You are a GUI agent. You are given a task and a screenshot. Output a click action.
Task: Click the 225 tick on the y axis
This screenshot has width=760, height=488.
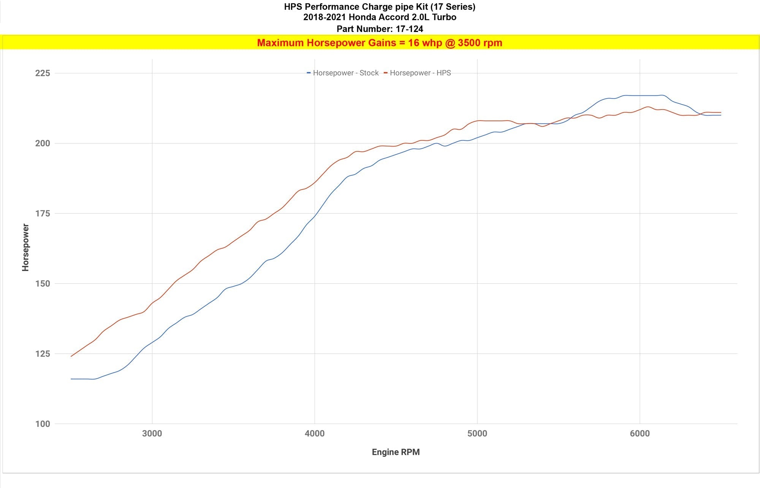[x=43, y=73]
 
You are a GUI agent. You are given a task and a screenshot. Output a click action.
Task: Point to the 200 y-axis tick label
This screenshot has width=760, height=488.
[x=43, y=143]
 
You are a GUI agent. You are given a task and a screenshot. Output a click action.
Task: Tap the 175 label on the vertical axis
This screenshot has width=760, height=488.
[x=43, y=213]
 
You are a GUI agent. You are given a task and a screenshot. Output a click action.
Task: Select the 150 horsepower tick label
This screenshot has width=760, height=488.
[x=43, y=284]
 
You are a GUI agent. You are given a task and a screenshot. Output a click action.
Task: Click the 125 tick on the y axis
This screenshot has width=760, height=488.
[x=43, y=354]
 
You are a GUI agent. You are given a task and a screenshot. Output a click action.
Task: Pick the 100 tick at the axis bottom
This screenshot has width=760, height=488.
[x=43, y=424]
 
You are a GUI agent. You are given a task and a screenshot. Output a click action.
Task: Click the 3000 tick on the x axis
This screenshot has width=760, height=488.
[x=152, y=434]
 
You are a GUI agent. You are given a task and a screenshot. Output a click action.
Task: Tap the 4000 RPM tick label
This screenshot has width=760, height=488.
[x=315, y=434]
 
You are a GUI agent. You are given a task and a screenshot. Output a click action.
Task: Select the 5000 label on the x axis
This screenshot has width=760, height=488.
[x=477, y=434]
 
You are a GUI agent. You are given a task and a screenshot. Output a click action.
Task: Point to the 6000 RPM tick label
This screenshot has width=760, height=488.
[x=640, y=434]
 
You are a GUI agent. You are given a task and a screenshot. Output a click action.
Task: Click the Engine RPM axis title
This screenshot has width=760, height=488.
[x=396, y=452]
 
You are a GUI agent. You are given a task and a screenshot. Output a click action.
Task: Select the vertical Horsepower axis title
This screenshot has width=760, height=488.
[x=25, y=247]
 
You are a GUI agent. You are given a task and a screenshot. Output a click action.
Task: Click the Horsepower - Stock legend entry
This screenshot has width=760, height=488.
[x=345, y=73]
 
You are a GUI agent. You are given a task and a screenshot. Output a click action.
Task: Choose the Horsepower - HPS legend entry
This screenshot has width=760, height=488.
[x=420, y=73]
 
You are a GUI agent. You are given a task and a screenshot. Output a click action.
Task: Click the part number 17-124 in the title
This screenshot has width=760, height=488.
[x=409, y=29]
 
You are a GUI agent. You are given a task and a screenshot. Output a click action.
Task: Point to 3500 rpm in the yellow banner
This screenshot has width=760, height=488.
[x=480, y=43]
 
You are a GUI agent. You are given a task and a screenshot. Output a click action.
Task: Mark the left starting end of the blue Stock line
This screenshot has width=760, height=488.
[x=71, y=379]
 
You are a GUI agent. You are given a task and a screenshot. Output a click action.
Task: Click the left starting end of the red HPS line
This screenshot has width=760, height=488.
[x=71, y=356]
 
